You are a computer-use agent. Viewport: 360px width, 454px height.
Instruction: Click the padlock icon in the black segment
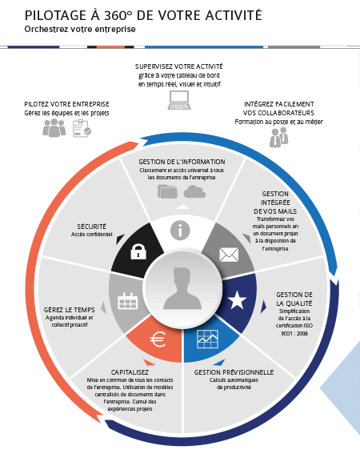138,251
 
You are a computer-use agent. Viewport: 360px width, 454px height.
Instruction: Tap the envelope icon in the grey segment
229,255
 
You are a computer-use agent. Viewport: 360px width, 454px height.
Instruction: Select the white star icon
238,300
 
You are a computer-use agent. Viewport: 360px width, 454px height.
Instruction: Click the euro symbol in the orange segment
158,339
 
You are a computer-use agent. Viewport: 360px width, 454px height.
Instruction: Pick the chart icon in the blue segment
207,339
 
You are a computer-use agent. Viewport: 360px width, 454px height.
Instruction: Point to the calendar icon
128,301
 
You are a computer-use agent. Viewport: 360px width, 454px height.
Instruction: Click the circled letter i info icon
180,231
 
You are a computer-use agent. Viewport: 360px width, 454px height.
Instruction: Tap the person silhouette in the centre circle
182,289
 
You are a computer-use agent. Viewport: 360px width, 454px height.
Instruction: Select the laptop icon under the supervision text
179,100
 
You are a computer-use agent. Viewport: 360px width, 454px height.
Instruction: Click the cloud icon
194,191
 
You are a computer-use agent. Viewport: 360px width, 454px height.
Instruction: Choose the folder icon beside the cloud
167,191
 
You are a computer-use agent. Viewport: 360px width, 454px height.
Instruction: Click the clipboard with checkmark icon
82,128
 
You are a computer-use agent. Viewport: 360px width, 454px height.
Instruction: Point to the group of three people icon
54,127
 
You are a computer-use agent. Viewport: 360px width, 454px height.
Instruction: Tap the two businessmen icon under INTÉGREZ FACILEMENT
279,137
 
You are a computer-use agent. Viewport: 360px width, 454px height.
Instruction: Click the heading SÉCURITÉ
91,227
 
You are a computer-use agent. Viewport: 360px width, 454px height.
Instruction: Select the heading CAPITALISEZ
130,372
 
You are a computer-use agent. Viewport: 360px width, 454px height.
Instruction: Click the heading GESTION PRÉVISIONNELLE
234,372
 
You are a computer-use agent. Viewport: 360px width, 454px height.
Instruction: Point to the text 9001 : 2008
294,333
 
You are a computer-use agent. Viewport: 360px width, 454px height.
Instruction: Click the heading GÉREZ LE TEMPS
69,310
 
